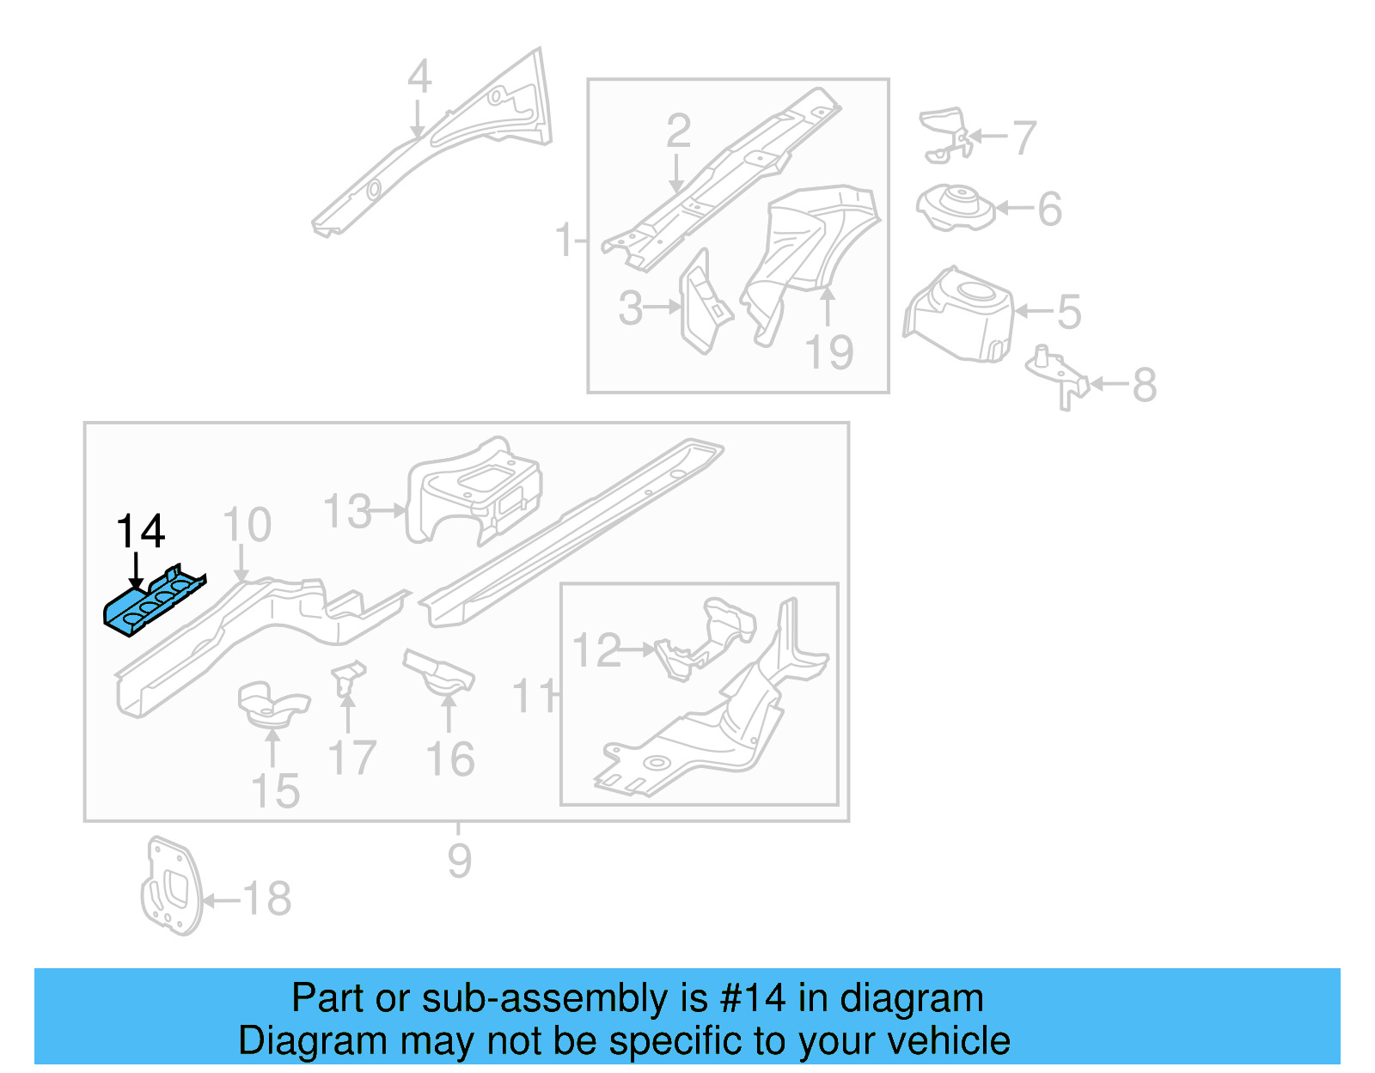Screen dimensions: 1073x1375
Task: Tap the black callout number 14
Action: tap(140, 532)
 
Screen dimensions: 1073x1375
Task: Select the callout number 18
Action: tap(267, 899)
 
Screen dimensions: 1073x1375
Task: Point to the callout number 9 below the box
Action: tap(460, 860)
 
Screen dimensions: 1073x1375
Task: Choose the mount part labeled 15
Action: tap(272, 704)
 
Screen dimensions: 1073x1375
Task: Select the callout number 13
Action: tap(347, 512)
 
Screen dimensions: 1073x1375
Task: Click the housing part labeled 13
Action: tap(474, 490)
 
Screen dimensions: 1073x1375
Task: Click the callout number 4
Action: tap(419, 77)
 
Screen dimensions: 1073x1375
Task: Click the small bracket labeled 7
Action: tap(946, 132)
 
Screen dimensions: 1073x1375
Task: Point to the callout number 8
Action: tap(1144, 385)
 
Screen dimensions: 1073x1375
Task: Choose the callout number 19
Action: tap(829, 353)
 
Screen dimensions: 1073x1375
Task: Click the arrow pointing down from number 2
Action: tap(677, 175)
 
